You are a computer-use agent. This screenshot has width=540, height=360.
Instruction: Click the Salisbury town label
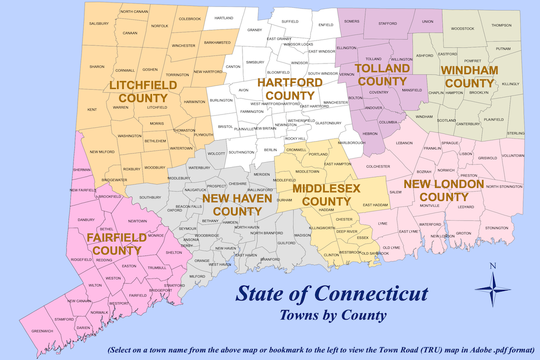[99, 23]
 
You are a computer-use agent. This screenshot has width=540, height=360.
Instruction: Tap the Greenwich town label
[42, 331]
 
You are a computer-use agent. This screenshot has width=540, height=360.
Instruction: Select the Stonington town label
[496, 228]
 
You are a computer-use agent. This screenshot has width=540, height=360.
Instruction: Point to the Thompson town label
[501, 25]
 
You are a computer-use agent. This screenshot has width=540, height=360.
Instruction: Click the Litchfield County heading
[143, 91]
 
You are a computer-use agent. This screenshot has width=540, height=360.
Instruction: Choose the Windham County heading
[469, 76]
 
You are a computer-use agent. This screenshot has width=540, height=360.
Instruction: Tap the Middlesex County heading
[321, 195]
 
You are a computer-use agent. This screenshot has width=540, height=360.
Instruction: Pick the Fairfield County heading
[116, 243]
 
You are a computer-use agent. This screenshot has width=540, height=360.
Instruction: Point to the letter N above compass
[492, 266]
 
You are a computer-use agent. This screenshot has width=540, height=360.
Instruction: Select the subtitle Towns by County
[333, 315]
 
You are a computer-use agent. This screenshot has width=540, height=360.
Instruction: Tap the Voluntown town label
[512, 155]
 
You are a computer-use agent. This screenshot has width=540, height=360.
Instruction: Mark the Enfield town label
[325, 24]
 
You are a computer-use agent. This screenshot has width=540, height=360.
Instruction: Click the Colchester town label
[377, 166]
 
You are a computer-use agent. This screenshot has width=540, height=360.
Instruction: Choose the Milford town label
[197, 276]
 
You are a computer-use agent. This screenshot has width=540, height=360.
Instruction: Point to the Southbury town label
[150, 197]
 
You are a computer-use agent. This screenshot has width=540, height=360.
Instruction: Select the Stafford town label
[387, 23]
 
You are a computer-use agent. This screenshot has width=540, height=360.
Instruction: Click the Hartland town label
[223, 18]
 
